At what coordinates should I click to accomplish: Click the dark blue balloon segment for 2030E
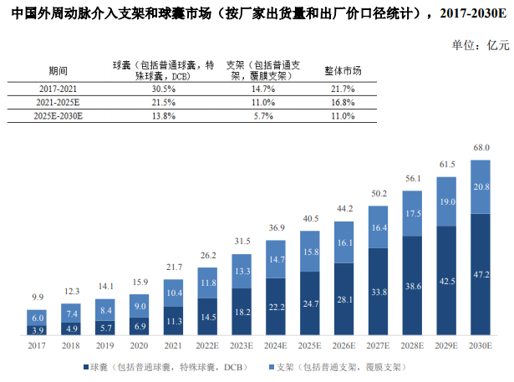[481, 273]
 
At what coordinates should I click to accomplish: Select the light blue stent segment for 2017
[38, 318]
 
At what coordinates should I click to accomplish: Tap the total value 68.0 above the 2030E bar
[481, 148]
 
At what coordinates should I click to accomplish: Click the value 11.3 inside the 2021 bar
[174, 320]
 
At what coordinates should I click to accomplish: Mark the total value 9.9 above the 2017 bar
[37, 298]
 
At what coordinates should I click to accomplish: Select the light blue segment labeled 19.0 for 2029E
[447, 201]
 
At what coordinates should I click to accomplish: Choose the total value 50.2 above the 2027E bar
[379, 193]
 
